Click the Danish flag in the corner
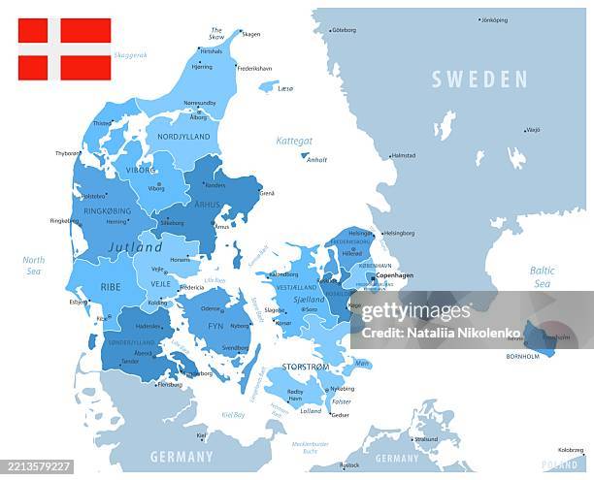(x=64, y=48)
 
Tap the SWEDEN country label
(x=479, y=80)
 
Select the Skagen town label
(x=250, y=34)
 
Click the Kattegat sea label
(x=294, y=141)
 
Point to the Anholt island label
(x=316, y=160)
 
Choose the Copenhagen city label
(x=394, y=275)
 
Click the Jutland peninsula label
(x=135, y=247)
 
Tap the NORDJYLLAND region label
(x=183, y=137)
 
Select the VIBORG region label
(x=141, y=169)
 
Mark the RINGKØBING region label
(x=107, y=210)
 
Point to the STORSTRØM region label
(x=305, y=367)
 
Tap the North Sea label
(x=34, y=266)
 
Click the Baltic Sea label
(x=542, y=276)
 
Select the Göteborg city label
(x=345, y=30)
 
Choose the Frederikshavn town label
(x=255, y=69)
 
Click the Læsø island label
(x=285, y=88)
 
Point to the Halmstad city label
(x=403, y=155)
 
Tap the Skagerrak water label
(x=130, y=55)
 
